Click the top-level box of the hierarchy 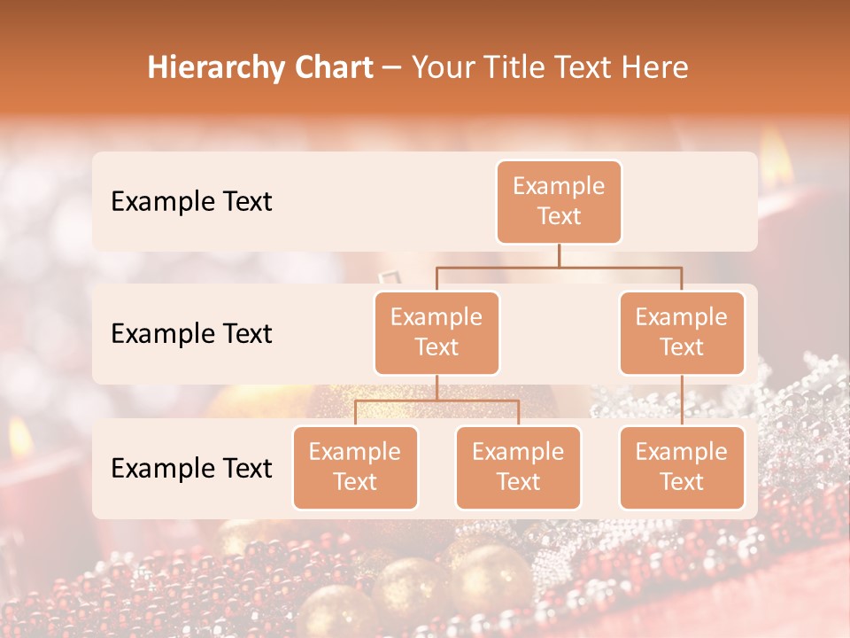click(x=559, y=202)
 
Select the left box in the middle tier click(x=437, y=332)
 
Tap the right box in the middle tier click(x=682, y=332)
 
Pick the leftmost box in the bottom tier click(x=355, y=467)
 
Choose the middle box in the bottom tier click(x=518, y=467)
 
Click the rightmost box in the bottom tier click(x=682, y=467)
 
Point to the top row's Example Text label click(x=191, y=201)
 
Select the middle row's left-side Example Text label click(x=191, y=333)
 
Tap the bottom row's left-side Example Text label click(x=191, y=468)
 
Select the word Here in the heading click(x=653, y=67)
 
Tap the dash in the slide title click(x=392, y=68)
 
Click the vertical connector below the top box click(x=559, y=255)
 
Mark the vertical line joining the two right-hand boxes click(x=682, y=401)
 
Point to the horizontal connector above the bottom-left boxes click(x=437, y=401)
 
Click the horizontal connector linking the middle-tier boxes click(x=559, y=266)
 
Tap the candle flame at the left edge click(x=19, y=436)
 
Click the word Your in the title click(x=443, y=67)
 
